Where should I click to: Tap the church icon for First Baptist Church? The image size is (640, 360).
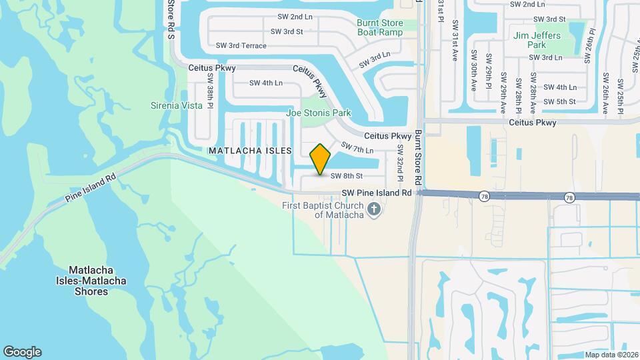(x=374, y=210)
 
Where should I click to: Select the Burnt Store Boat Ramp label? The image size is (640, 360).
(x=379, y=27)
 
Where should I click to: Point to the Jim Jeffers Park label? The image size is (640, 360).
(x=537, y=40)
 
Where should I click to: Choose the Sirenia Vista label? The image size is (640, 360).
(x=176, y=105)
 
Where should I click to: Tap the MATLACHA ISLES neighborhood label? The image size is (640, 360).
(x=250, y=151)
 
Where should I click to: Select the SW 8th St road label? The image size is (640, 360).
(x=346, y=176)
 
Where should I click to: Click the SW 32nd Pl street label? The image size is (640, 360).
(x=401, y=163)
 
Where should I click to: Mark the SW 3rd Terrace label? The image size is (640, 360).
(x=241, y=45)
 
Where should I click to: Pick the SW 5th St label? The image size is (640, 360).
(x=559, y=101)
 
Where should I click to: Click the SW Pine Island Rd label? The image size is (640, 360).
(x=377, y=193)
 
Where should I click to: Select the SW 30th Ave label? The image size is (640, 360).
(x=472, y=69)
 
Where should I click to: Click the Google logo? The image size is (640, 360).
(x=22, y=352)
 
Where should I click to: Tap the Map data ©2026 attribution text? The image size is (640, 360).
(x=611, y=355)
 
